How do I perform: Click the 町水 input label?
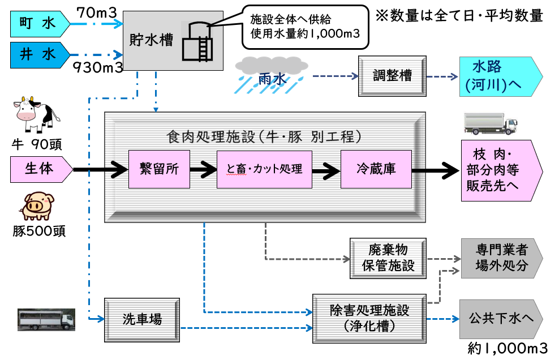pyautogui.click(x=38, y=23)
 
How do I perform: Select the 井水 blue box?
pyautogui.click(x=38, y=54)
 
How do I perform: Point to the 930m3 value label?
pyautogui.click(x=98, y=68)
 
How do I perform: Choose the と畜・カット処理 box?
pyautogui.click(x=264, y=169)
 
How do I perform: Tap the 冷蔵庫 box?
pyautogui.click(x=376, y=169)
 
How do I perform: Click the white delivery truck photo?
pyautogui.click(x=490, y=123)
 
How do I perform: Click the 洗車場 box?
pyautogui.click(x=141, y=320)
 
